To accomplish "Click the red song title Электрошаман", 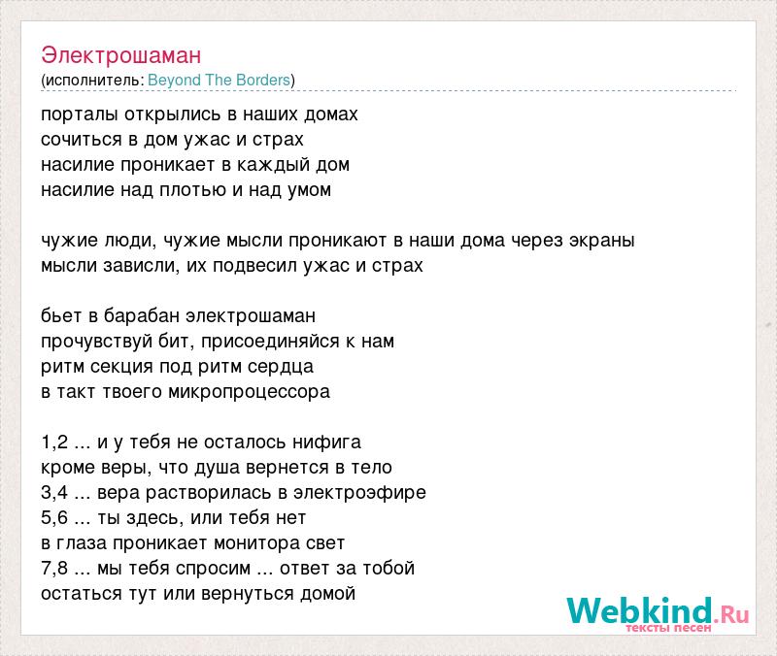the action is pyautogui.click(x=120, y=55).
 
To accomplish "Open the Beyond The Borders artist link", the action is pyautogui.click(x=220, y=81).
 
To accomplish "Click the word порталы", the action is pyautogui.click(x=80, y=115).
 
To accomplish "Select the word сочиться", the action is pyautogui.click(x=82, y=140).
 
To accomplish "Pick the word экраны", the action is pyautogui.click(x=601, y=241).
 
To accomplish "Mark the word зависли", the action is pyautogui.click(x=140, y=266).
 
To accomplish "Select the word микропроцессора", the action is pyautogui.click(x=250, y=392).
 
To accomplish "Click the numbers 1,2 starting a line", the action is pyautogui.click(x=54, y=443).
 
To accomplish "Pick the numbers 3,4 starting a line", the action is pyautogui.click(x=54, y=493).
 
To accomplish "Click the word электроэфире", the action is pyautogui.click(x=359, y=493).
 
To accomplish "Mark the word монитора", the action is pyautogui.click(x=256, y=543).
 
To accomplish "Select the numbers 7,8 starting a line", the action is pyautogui.click(x=54, y=569).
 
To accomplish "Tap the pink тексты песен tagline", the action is pyautogui.click(x=668, y=628).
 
